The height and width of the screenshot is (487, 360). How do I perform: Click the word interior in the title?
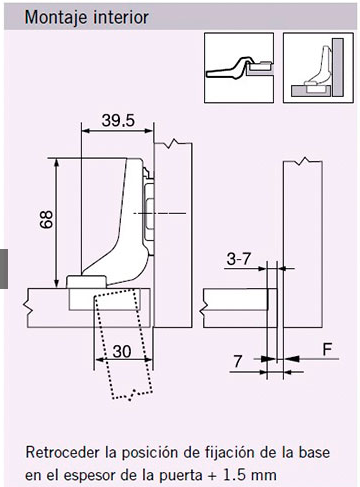click(x=123, y=17)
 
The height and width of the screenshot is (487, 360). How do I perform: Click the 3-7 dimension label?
click(x=238, y=259)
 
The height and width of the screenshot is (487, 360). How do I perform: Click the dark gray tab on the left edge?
click(x=4, y=268)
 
